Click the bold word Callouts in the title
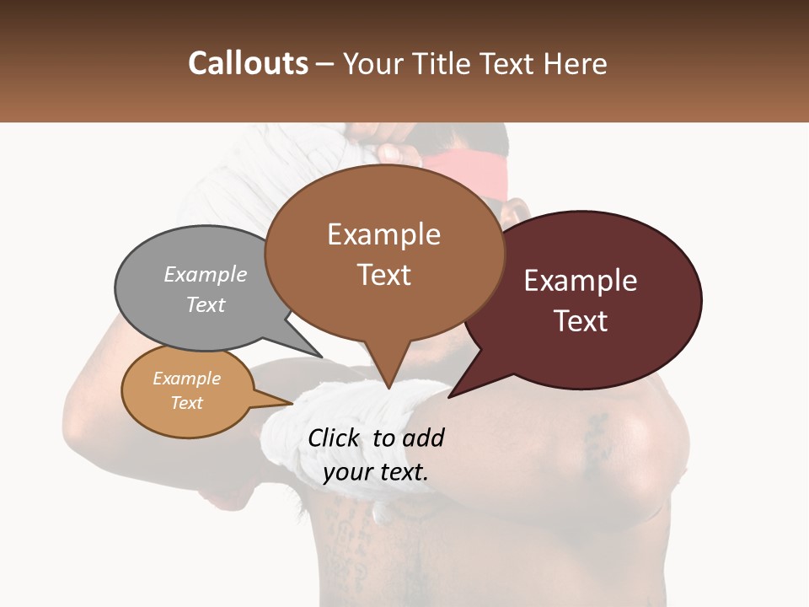[x=248, y=63]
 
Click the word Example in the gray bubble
[x=206, y=274]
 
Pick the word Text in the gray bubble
[x=206, y=304]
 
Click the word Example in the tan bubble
[x=187, y=379]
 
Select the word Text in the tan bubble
[x=187, y=403]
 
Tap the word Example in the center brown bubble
[x=383, y=234]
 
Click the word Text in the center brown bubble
[x=383, y=275]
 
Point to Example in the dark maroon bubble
[x=581, y=281]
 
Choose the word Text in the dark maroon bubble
[x=581, y=320]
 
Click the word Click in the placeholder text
[x=336, y=438]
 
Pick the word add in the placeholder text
[x=424, y=438]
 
